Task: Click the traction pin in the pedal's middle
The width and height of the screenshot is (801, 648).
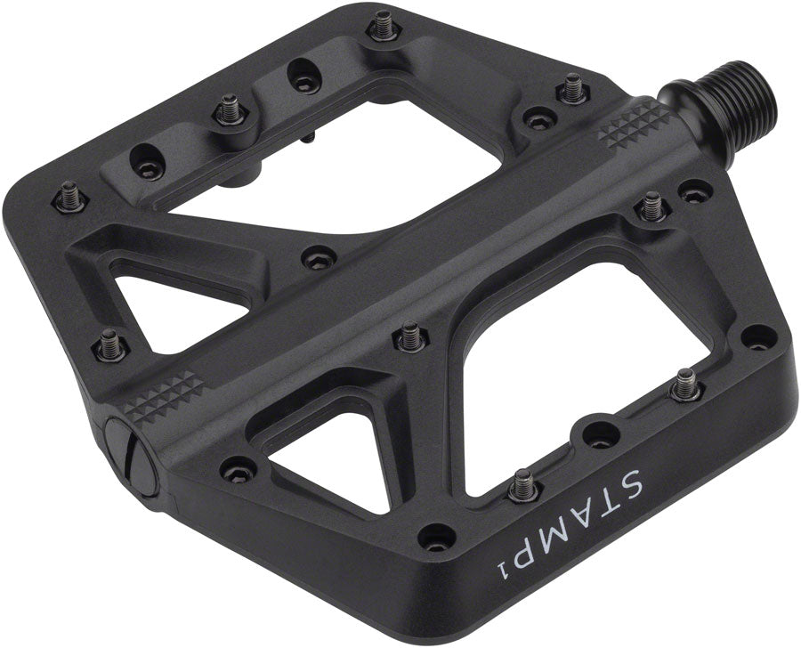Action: click(409, 336)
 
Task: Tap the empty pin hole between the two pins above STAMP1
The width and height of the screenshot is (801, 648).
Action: click(600, 435)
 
